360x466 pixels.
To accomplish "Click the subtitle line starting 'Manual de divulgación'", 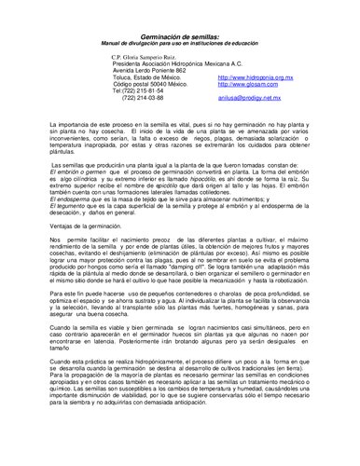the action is [x=179, y=43].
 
